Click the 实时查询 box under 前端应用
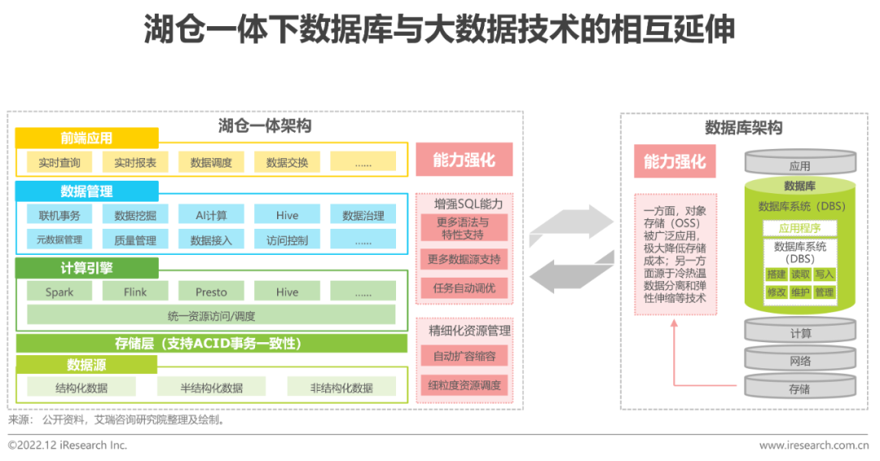click(x=59, y=162)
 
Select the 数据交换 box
click(x=287, y=162)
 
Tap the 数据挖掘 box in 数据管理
click(x=135, y=216)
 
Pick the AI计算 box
click(x=211, y=216)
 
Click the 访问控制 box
click(x=287, y=240)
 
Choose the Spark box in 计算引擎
click(x=59, y=292)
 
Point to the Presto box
click(x=211, y=292)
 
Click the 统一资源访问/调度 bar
click(x=211, y=314)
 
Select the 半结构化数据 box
click(x=211, y=388)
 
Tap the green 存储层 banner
click(x=211, y=343)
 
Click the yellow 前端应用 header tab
click(x=86, y=138)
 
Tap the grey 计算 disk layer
click(x=799, y=333)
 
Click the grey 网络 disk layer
click(x=799, y=361)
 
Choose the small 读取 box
click(x=800, y=274)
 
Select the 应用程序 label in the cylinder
click(x=799, y=228)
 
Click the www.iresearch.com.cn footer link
click(x=813, y=446)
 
